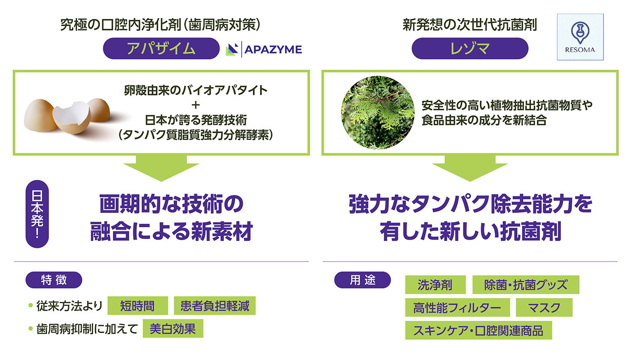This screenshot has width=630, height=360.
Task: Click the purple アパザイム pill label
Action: click(161, 49)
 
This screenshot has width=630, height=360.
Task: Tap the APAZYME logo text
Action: click(273, 49)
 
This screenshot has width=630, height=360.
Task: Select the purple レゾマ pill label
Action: click(470, 49)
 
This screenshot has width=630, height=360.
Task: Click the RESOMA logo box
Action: click(580, 37)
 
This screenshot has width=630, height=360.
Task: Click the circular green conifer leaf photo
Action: click(378, 112)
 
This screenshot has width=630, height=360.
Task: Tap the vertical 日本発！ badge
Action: click(37, 214)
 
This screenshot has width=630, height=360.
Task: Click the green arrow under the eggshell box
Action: click(161, 168)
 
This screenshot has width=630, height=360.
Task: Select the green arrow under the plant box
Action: click(470, 168)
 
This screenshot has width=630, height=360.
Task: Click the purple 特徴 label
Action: click(54, 280)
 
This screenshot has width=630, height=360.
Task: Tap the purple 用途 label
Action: click(362, 280)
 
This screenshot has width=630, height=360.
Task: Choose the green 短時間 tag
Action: click(138, 306)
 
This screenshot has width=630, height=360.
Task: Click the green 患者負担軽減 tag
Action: click(215, 306)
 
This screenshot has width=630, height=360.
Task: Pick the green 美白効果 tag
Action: click(173, 328)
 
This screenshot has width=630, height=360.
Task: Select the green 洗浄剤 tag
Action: click(435, 284)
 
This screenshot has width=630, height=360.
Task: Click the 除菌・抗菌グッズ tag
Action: click(526, 284)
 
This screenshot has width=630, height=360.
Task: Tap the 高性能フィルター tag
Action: click(457, 307)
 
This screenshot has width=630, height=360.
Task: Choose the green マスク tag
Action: click(544, 307)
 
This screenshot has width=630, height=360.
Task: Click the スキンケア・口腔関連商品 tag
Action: click(478, 330)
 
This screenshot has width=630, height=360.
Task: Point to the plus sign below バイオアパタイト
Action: click(195, 105)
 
